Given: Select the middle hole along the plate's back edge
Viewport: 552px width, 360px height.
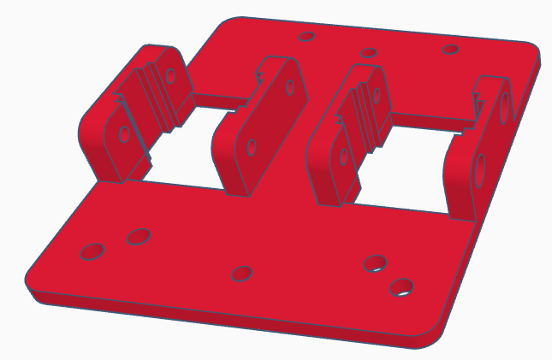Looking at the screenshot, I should (x=369, y=53).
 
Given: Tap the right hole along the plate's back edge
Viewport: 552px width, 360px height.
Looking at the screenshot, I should (x=450, y=50).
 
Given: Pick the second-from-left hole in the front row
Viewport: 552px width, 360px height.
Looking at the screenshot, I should (x=139, y=236).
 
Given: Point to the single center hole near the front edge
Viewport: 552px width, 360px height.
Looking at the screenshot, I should (x=242, y=274).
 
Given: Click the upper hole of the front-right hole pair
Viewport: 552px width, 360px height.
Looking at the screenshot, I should (x=374, y=263).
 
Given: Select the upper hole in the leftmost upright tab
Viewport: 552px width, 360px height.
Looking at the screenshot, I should (x=171, y=75).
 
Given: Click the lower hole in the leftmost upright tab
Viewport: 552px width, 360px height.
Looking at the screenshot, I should (x=125, y=134).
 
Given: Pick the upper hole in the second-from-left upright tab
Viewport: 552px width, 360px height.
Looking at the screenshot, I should (x=292, y=87).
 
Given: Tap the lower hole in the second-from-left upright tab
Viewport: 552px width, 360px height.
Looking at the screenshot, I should (x=252, y=147).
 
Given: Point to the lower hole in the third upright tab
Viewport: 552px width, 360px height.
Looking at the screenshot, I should (x=344, y=156).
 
